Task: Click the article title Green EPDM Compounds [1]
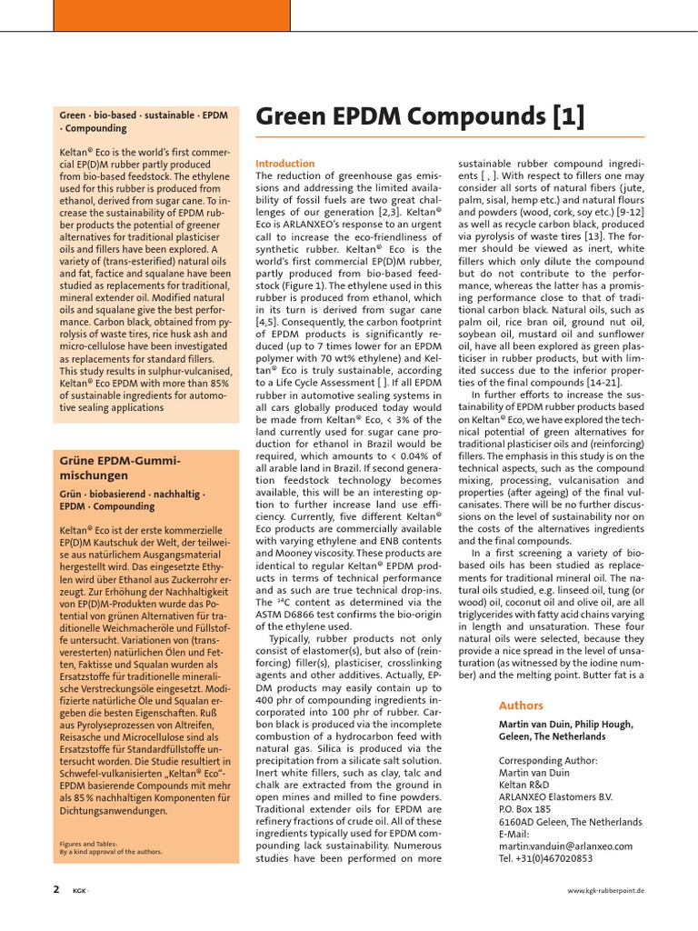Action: [x=420, y=117]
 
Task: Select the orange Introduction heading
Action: [x=284, y=164]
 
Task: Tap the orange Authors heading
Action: [x=521, y=706]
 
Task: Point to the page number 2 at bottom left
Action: [x=55, y=889]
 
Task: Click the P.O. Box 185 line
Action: [x=525, y=807]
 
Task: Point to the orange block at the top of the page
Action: [x=172, y=15]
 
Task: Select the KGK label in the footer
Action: [x=80, y=891]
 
